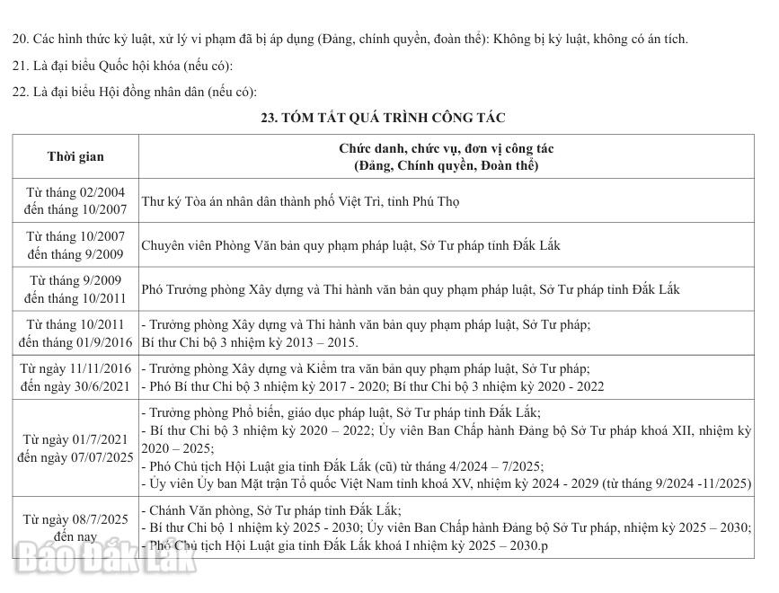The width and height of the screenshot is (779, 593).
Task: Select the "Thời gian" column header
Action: click(75, 156)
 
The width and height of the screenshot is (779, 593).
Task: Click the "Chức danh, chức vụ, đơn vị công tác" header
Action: click(446, 147)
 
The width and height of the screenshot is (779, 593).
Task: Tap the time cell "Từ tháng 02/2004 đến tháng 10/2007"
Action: click(75, 200)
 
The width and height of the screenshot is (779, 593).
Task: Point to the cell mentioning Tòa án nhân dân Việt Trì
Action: click(300, 201)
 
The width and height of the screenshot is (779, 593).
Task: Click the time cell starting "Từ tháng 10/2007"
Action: click(75, 244)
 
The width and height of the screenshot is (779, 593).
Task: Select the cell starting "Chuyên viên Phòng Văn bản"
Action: click(350, 244)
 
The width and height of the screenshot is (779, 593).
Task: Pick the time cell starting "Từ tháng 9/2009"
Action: click(75, 288)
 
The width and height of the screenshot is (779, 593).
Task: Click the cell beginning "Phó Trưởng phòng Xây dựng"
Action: click(411, 289)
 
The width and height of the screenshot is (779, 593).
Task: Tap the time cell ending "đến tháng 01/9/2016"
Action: click(75, 333)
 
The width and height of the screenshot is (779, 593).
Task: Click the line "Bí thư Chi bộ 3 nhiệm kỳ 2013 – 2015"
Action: click(250, 342)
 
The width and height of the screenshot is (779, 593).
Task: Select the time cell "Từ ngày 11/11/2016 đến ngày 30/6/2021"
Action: click(75, 377)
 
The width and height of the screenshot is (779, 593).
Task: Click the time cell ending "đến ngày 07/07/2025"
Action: click(75, 448)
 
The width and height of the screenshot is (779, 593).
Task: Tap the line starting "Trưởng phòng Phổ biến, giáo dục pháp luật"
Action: click(341, 413)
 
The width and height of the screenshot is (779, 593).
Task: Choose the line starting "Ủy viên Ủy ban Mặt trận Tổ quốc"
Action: click(446, 483)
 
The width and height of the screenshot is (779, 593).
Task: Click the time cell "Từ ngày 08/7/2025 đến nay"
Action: click(75, 527)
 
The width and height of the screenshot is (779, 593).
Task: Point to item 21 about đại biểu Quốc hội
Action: click(122, 66)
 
